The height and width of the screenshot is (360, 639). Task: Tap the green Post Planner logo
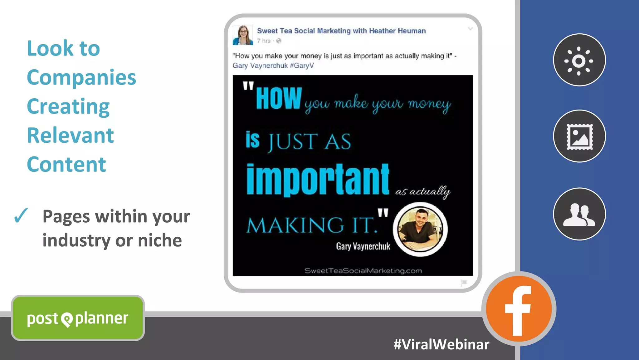(x=78, y=318)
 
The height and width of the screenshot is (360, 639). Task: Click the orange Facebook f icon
(x=519, y=309)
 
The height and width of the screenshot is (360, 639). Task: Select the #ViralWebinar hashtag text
(x=441, y=344)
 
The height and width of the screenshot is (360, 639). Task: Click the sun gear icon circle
(x=579, y=60)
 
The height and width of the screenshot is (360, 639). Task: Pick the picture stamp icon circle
(x=579, y=136)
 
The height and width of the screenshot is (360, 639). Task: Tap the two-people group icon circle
(x=579, y=214)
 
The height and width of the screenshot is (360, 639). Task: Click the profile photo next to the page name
(x=243, y=35)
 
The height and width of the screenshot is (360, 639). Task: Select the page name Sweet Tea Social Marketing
(x=341, y=31)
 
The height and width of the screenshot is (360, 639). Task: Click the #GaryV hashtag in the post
(x=302, y=66)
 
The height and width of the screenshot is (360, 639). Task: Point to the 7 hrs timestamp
(x=264, y=41)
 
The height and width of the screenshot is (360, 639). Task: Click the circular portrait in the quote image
(x=420, y=229)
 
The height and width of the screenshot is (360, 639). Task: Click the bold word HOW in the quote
(x=279, y=98)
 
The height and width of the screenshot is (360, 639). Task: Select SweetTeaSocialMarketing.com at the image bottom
(x=363, y=271)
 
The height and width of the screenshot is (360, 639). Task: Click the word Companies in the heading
(x=81, y=77)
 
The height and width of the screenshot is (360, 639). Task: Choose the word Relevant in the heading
(x=70, y=135)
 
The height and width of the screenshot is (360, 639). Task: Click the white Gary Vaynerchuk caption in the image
(x=363, y=246)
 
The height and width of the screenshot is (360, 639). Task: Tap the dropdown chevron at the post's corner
(x=470, y=29)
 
